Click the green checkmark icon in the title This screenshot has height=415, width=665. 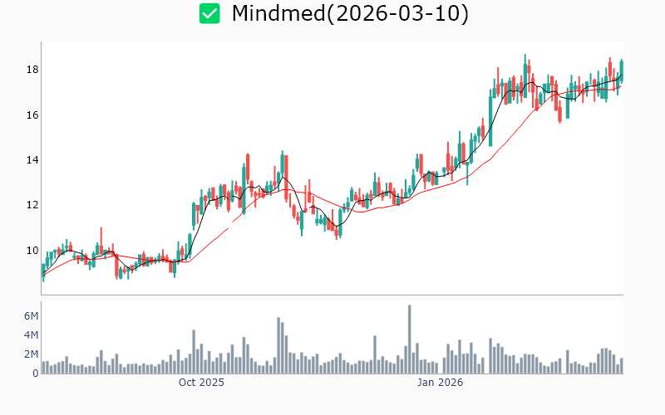[209, 13]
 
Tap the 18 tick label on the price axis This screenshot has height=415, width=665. [31, 70]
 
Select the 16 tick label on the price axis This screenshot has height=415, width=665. [31, 115]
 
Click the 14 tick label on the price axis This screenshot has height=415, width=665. [31, 160]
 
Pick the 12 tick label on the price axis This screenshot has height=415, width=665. [31, 205]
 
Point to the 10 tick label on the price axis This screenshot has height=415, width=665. [31, 251]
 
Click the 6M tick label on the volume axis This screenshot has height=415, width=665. [31, 316]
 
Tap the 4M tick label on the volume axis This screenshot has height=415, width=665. [31, 335]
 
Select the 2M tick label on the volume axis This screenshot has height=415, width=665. [31, 354]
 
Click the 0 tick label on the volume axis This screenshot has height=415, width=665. [36, 373]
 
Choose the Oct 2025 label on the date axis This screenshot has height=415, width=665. [201, 383]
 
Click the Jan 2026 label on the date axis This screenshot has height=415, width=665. [440, 383]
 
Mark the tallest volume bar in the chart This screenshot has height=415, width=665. [410, 340]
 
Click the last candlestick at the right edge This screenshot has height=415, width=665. [621, 71]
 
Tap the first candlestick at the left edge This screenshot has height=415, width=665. [42, 271]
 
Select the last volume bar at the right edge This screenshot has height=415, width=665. [621, 366]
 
